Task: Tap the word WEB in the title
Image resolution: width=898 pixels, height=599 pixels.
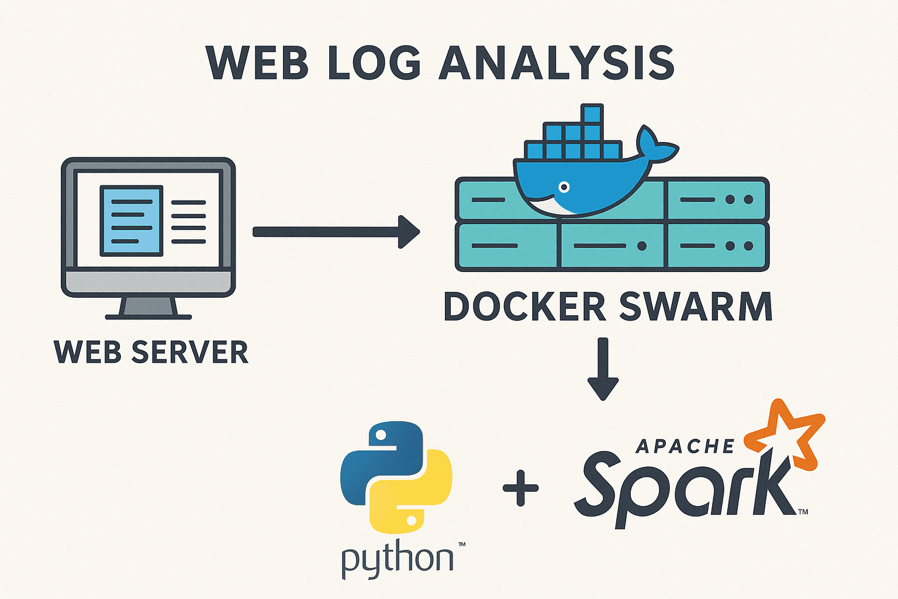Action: (257, 63)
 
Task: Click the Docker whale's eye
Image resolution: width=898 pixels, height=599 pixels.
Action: (564, 187)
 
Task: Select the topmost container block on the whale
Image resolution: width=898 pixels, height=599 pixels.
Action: (592, 113)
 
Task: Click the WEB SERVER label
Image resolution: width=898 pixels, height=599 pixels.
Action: (151, 352)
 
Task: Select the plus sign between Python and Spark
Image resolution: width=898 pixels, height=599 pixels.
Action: (521, 487)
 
